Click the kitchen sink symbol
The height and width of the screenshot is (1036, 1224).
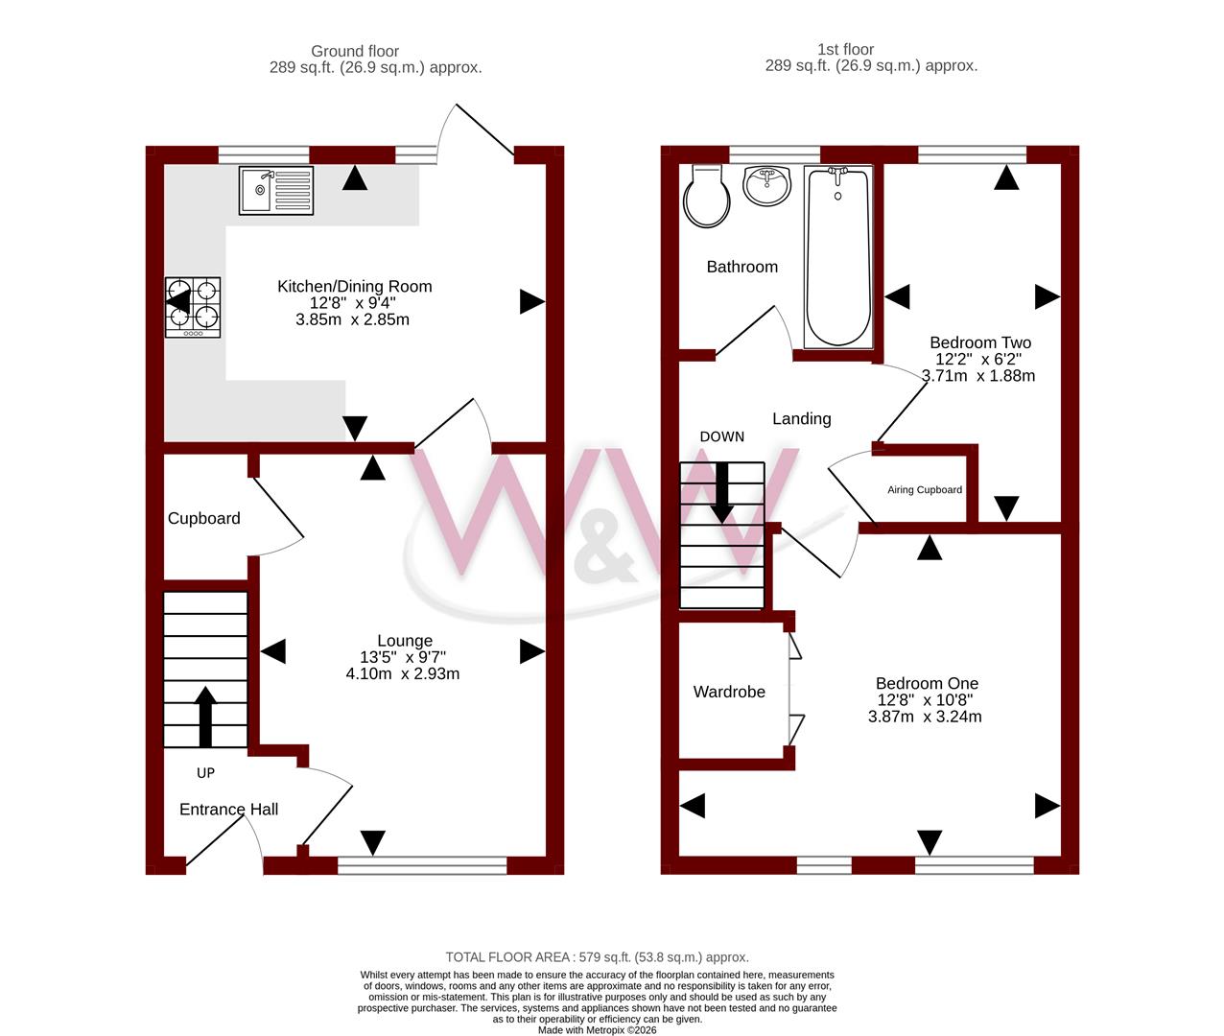pyautogui.click(x=276, y=190)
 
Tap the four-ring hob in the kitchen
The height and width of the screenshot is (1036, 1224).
pyautogui.click(x=193, y=307)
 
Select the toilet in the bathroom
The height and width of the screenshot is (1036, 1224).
pyautogui.click(x=706, y=196)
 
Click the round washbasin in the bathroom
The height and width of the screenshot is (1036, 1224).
pyautogui.click(x=766, y=186)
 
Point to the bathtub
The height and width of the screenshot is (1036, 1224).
pyautogui.click(x=838, y=256)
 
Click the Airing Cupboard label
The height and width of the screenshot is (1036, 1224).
pyautogui.click(x=925, y=490)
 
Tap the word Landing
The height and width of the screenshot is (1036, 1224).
pyautogui.click(x=802, y=419)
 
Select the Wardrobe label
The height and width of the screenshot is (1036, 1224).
pyautogui.click(x=729, y=692)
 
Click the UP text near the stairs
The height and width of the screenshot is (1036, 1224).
pyautogui.click(x=205, y=773)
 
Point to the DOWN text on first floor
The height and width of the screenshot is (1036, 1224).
pyautogui.click(x=722, y=436)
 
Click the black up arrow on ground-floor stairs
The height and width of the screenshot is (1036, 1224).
pyautogui.click(x=205, y=717)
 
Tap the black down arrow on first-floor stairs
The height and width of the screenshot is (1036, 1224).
pyautogui.click(x=722, y=493)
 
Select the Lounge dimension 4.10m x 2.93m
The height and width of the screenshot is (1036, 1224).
pyautogui.click(x=403, y=673)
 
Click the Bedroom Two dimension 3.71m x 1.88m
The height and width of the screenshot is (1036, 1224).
pyautogui.click(x=978, y=375)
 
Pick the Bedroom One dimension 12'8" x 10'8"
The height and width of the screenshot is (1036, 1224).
pyautogui.click(x=925, y=699)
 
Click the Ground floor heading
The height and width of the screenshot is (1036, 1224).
pyautogui.click(x=355, y=52)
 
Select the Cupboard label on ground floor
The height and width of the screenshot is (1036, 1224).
pyautogui.click(x=203, y=518)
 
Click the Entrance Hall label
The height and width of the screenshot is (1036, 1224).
pyautogui.click(x=228, y=809)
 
